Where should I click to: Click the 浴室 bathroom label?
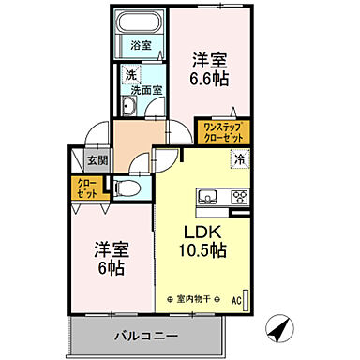click(142, 44)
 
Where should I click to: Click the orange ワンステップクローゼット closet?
click(220, 129)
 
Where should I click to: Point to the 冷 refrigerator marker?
click(240, 159)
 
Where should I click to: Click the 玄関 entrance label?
click(97, 160)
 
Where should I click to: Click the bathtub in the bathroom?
click(141, 28)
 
